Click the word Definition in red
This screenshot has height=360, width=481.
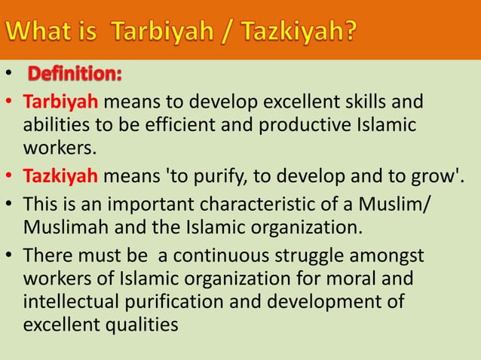click(x=76, y=75)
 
